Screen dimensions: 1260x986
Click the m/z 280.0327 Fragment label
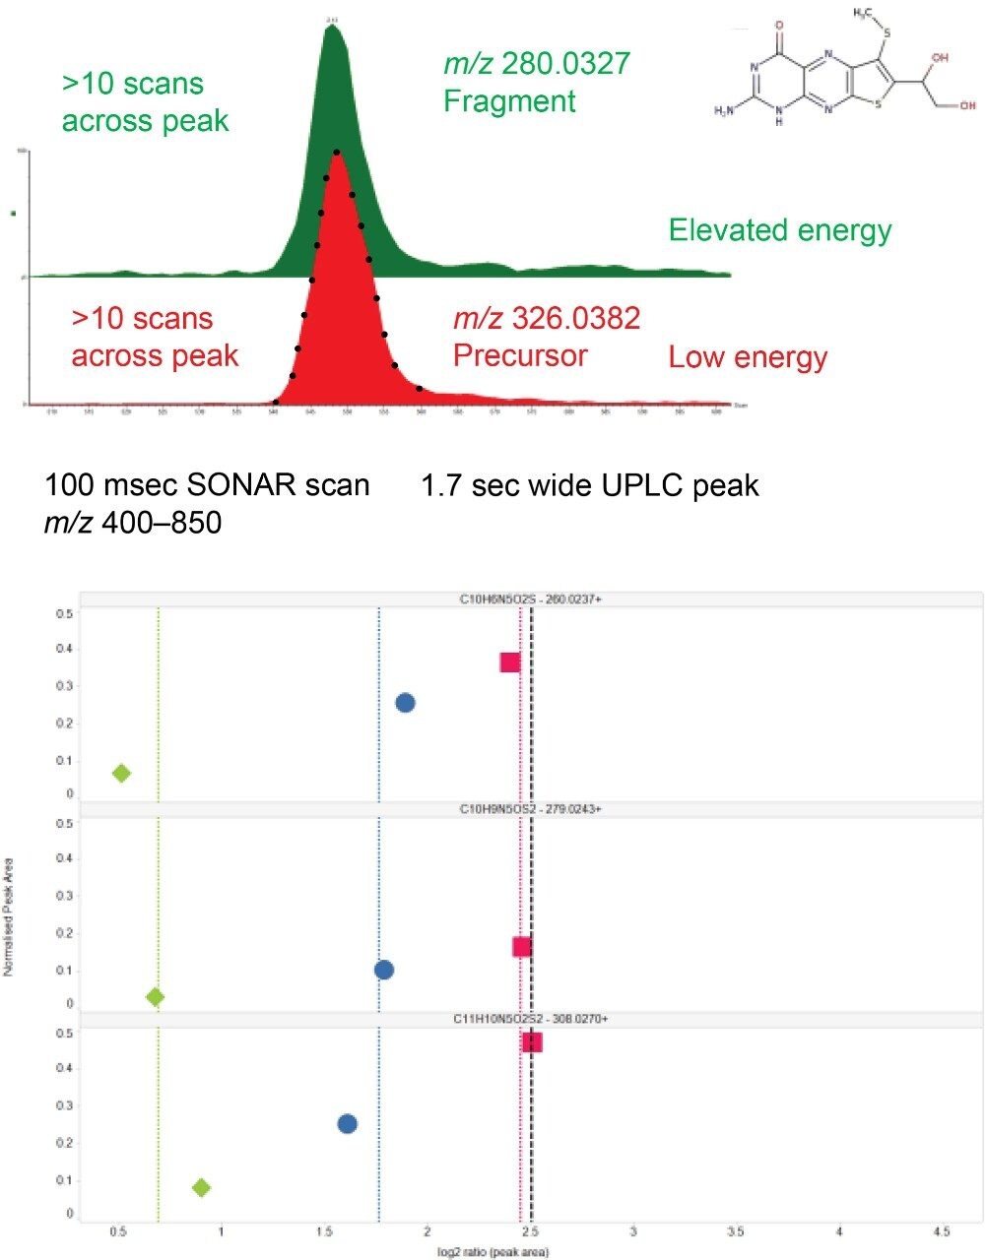click(x=536, y=83)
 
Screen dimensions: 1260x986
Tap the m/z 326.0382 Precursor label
click(x=546, y=336)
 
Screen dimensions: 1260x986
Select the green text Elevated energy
click(x=779, y=230)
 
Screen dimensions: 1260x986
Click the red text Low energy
click(x=748, y=356)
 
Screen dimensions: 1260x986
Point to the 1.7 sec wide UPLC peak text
click(x=590, y=485)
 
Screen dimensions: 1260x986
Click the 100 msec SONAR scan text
click(x=207, y=485)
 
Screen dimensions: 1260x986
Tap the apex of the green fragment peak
click(x=333, y=27)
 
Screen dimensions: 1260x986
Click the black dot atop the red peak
click(x=337, y=153)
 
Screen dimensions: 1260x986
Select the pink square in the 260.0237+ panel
click(x=509, y=662)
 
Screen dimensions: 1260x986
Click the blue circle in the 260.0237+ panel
click(x=405, y=702)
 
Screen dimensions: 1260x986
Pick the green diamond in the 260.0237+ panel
click(x=121, y=774)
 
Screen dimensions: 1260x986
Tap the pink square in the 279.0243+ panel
click(x=522, y=947)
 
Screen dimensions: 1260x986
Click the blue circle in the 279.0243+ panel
click(x=384, y=970)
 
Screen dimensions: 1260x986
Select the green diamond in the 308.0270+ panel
click(x=201, y=1187)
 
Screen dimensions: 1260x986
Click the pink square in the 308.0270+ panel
click(x=532, y=1042)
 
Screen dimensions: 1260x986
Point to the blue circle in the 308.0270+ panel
click(x=347, y=1124)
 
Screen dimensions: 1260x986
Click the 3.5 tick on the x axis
click(x=735, y=1231)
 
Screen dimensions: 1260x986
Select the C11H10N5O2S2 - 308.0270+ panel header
click(x=532, y=1019)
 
